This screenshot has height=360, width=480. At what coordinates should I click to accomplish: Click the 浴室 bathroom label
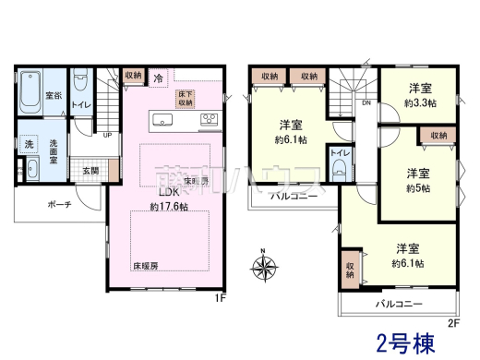54,95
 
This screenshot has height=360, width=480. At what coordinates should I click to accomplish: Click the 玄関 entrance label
90,171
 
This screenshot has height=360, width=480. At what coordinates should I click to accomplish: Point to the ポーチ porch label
48,207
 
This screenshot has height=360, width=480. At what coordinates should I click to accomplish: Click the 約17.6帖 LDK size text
168,208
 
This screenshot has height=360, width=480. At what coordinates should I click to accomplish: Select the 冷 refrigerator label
159,78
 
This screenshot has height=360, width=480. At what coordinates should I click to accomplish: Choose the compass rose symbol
265,269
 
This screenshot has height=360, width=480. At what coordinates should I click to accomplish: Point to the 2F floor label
452,322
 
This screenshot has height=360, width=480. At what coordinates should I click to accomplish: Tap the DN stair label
367,103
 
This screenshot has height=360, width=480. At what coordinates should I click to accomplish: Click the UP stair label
108,136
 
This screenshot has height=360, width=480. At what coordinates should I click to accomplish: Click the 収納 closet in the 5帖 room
437,137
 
